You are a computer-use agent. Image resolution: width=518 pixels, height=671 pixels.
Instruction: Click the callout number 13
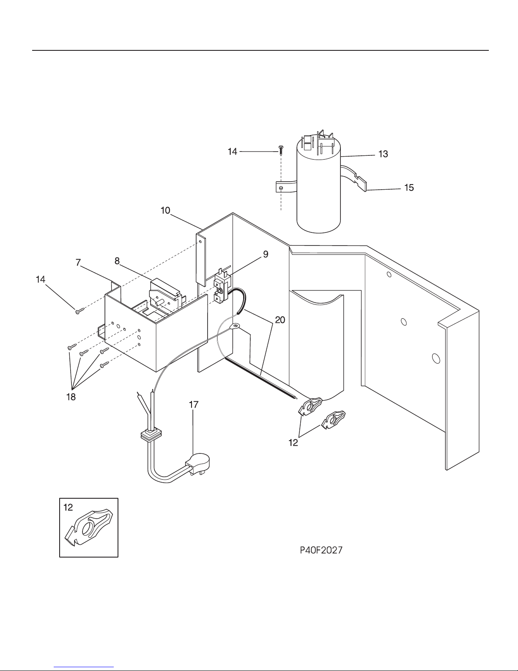pos(383,155)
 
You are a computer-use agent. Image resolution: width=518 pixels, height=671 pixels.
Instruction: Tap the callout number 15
pos(409,187)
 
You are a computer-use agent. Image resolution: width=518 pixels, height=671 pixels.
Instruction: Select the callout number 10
pos(165,210)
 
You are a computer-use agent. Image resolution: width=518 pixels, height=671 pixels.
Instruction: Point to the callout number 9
pos(265,254)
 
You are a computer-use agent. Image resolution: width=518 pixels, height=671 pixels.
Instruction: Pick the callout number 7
pos(78,263)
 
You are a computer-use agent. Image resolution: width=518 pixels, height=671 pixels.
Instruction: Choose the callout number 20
pos(280,320)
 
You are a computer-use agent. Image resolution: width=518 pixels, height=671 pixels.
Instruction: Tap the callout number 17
pos(193,405)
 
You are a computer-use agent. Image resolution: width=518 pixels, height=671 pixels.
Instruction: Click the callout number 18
pos(71,397)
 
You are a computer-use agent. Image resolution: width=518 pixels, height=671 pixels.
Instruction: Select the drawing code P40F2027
pos(321,550)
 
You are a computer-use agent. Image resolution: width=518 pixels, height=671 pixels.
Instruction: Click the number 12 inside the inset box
pos(68,507)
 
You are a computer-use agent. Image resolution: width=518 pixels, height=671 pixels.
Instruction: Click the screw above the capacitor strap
pos(281,149)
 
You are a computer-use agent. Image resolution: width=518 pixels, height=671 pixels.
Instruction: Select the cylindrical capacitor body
pos(318,195)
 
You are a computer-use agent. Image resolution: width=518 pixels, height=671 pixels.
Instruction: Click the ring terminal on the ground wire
pos(235,326)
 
